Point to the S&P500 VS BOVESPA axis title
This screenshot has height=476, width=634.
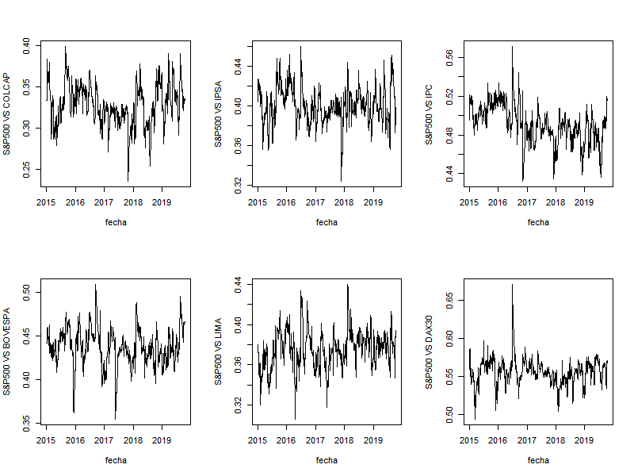(x=7, y=351)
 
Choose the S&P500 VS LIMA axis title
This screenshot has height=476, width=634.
(x=219, y=351)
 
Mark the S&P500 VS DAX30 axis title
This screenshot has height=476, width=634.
(x=430, y=351)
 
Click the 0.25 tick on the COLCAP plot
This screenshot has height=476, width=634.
(x=25, y=167)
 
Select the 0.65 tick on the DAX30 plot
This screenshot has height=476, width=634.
(x=449, y=301)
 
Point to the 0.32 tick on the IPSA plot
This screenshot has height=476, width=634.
(x=237, y=182)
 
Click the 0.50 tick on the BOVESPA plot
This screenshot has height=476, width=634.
(x=25, y=292)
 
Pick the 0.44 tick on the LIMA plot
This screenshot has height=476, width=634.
(x=237, y=283)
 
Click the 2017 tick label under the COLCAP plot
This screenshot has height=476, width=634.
(x=104, y=202)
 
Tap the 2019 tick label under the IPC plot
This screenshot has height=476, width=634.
(x=584, y=202)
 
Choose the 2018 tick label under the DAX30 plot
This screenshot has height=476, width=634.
(x=556, y=440)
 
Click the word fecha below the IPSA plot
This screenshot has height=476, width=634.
(x=327, y=222)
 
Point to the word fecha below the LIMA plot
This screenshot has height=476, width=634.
(x=327, y=460)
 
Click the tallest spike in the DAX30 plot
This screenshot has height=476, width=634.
(x=512, y=284)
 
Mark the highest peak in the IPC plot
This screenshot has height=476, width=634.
(x=512, y=46)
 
